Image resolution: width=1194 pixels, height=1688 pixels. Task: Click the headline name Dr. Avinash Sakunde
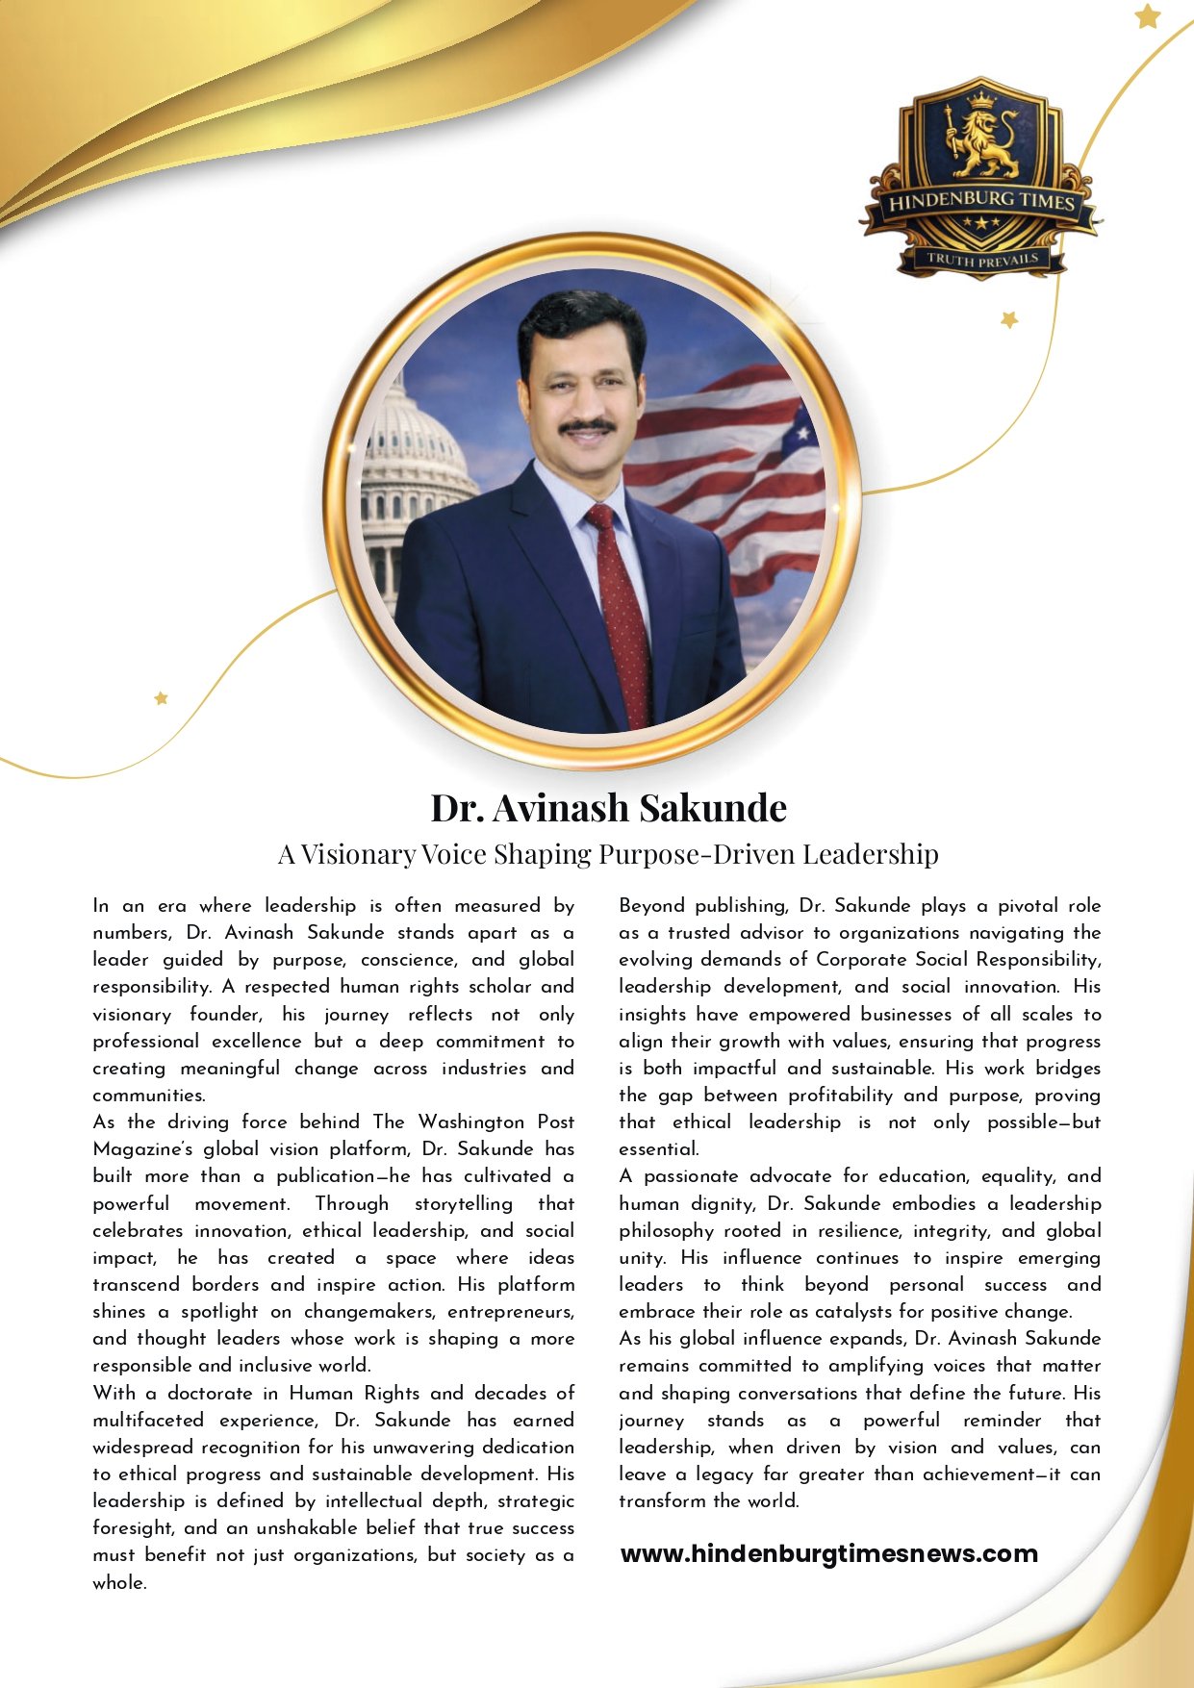click(x=608, y=808)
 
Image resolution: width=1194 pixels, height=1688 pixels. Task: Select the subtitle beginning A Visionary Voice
click(x=608, y=854)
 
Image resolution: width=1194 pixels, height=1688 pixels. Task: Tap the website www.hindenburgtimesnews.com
click(x=828, y=1553)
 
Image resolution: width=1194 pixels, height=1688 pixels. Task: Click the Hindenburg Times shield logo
click(x=980, y=178)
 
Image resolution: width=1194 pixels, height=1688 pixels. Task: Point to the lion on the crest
click(x=982, y=139)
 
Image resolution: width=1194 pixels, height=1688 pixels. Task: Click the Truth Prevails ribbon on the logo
click(x=982, y=259)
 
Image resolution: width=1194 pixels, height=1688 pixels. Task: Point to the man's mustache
click(x=588, y=426)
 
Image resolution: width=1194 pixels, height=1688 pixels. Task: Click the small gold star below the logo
click(x=1008, y=319)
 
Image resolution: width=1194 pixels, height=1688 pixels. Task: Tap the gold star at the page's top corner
click(x=1147, y=15)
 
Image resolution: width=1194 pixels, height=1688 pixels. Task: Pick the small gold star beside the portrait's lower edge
click(x=161, y=697)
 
